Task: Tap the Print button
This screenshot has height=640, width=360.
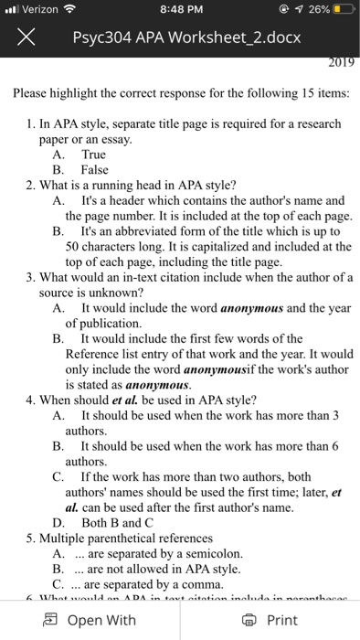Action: click(271, 620)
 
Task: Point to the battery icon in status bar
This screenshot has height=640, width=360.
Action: click(342, 11)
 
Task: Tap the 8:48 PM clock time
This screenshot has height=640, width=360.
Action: click(179, 11)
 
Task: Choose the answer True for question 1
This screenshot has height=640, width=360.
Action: click(94, 155)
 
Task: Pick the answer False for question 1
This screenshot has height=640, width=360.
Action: click(95, 169)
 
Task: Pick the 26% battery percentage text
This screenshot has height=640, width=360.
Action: click(313, 11)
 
